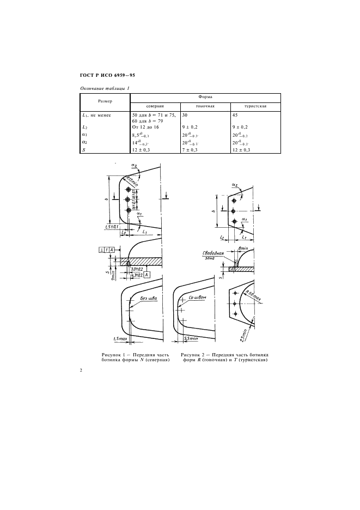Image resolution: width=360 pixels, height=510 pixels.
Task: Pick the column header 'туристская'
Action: [254, 106]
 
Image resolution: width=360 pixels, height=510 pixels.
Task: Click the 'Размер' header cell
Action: [105, 101]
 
